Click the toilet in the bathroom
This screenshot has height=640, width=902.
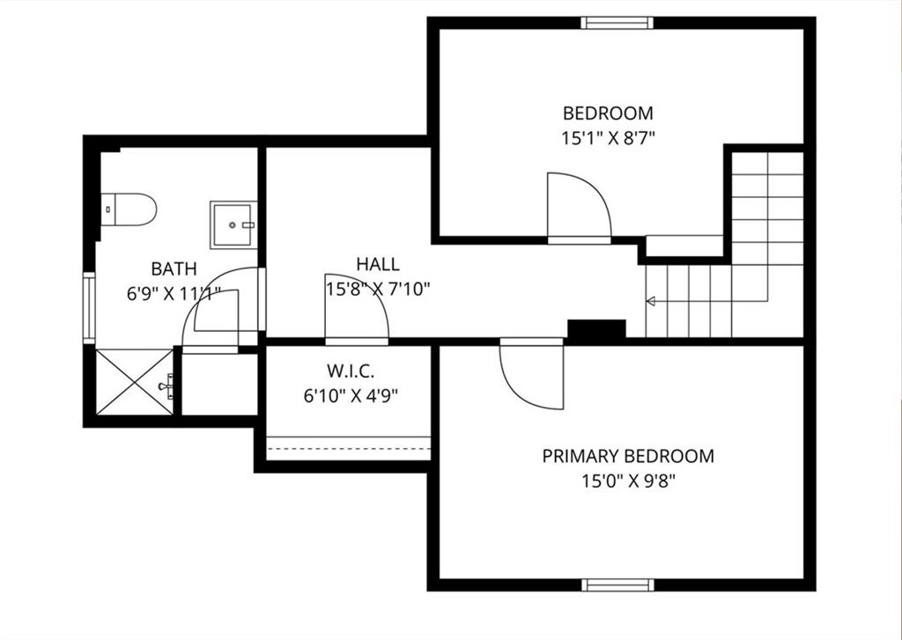pos(129,210)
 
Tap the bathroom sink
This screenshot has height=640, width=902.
pos(233,224)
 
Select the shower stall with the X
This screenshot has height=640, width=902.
pos(134,382)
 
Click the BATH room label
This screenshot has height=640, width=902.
pos(174,269)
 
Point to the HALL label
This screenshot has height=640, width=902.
pos(377,264)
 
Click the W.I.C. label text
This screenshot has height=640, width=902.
pos(351,371)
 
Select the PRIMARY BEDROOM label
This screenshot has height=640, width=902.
pos(628,456)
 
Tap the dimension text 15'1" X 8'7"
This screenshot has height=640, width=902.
pos(608,138)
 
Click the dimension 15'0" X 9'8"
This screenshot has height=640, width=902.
pos(627,481)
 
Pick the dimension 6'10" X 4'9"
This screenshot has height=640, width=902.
pos(351,395)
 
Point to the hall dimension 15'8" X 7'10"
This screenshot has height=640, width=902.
pos(378,289)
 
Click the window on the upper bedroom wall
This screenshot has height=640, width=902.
pos(617,23)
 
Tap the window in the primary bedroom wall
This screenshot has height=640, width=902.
pos(617,585)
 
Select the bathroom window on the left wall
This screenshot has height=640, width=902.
pos(89,308)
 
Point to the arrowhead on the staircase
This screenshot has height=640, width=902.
pos(651,301)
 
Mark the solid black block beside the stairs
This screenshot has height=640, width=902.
pos(596,329)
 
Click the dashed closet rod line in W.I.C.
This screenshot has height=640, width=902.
pos(349,448)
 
